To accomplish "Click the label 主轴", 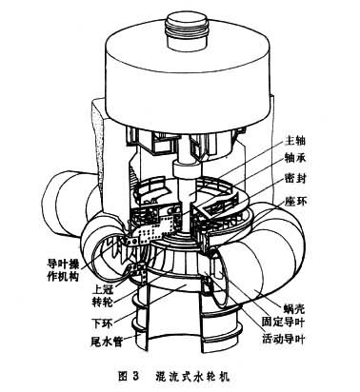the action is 295,140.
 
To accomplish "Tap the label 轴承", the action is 295,158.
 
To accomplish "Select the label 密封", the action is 295,179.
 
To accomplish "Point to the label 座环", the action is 295,201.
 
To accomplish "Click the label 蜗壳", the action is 293,308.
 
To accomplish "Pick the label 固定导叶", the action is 283,323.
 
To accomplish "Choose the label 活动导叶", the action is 283,339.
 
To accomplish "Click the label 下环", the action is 102,323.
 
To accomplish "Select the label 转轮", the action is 102,303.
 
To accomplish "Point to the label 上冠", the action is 102,289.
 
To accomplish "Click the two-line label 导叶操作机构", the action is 63,270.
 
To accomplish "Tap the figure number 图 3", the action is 129,376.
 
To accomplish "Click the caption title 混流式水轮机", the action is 192,376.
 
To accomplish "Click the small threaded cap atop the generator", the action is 189,30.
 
